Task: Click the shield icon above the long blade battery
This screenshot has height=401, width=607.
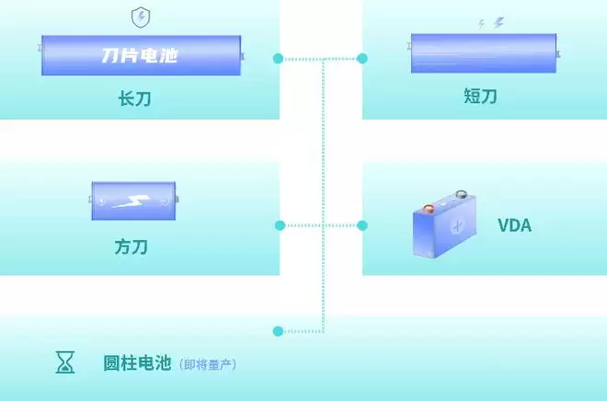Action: point(141,17)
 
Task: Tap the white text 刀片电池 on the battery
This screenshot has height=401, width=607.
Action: point(140,55)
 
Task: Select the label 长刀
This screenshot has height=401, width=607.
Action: point(134,98)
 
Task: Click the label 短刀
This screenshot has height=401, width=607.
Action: point(480,96)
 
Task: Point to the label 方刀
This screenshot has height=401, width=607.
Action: point(131,246)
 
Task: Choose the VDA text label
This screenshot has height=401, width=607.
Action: point(514,225)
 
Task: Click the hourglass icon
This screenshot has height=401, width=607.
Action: point(65,362)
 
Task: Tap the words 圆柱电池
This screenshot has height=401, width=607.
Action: point(137,362)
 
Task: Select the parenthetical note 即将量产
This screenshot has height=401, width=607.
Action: point(208,364)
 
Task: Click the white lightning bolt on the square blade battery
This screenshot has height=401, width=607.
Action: point(132,201)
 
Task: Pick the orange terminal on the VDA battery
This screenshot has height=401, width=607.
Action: point(429,209)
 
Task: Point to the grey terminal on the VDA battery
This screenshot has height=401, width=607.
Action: point(461,194)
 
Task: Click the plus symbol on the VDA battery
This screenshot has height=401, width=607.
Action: point(457,226)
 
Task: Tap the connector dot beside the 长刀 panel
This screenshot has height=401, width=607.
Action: point(278,59)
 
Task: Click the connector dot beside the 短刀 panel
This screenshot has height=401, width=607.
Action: point(362,59)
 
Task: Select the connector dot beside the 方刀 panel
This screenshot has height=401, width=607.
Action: point(280,225)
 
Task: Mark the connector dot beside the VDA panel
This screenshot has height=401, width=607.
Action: point(362,225)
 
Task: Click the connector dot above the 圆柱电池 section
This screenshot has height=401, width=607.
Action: point(278,331)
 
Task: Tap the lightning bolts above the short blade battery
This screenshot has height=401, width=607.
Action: point(492,23)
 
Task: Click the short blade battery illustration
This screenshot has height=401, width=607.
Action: point(484,53)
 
